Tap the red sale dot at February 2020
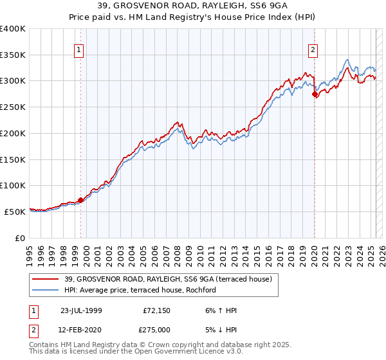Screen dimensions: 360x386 pyautogui.click(x=315, y=94)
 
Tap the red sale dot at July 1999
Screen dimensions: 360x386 pyautogui.click(x=81, y=200)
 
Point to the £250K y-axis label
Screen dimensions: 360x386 pyautogui.click(x=13, y=107)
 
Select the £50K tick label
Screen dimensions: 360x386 pyautogui.click(x=15, y=211)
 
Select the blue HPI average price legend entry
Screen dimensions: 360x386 pyautogui.click(x=139, y=290)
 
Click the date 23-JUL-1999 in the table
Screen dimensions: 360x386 pyautogui.click(x=81, y=310)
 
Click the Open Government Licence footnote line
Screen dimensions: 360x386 pyautogui.click(x=136, y=353)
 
